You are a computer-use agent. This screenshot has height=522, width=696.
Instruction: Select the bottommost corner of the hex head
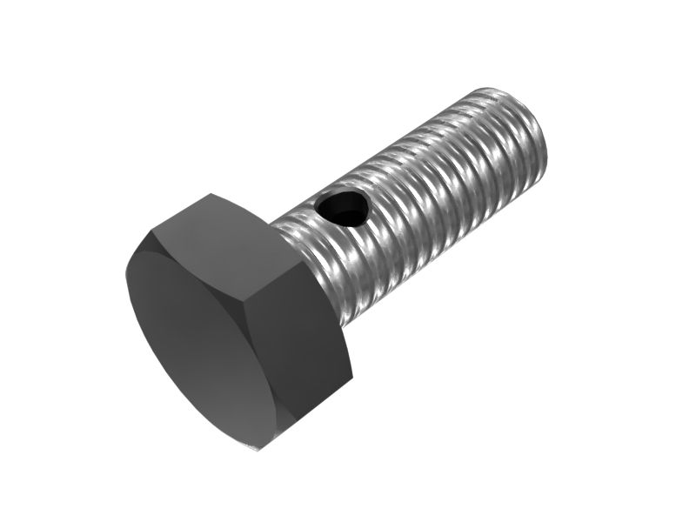point(260,449)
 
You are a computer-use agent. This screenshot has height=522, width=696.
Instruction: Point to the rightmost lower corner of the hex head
point(352,378)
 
